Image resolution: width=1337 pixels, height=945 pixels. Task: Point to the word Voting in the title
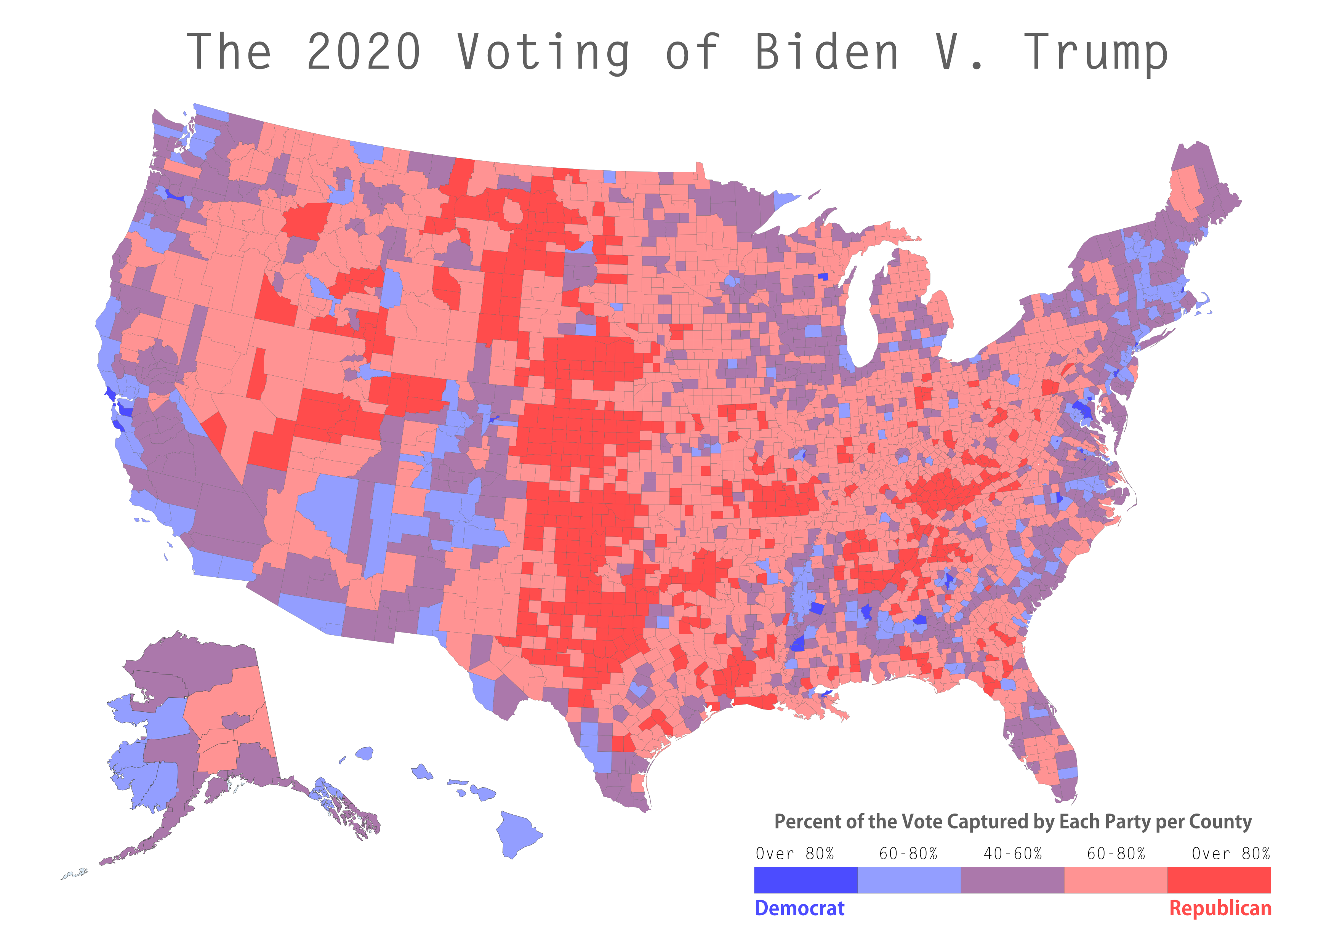(543, 53)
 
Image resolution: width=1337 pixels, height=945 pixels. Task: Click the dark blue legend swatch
(805, 880)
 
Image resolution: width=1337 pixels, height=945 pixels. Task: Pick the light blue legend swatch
(909, 880)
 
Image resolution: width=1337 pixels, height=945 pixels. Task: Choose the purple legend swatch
(1012, 880)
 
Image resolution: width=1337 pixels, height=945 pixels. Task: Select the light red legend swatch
(1116, 880)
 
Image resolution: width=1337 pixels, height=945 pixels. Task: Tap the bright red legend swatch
(1219, 880)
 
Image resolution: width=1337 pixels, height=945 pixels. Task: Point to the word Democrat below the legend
(799, 908)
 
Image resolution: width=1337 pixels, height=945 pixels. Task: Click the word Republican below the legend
(1220, 908)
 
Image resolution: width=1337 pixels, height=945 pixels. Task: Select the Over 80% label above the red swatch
(1230, 854)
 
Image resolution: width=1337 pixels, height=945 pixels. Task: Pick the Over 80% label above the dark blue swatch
(795, 854)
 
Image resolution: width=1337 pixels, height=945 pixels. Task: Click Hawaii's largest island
(518, 833)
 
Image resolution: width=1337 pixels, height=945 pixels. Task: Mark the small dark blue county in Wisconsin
(823, 277)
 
